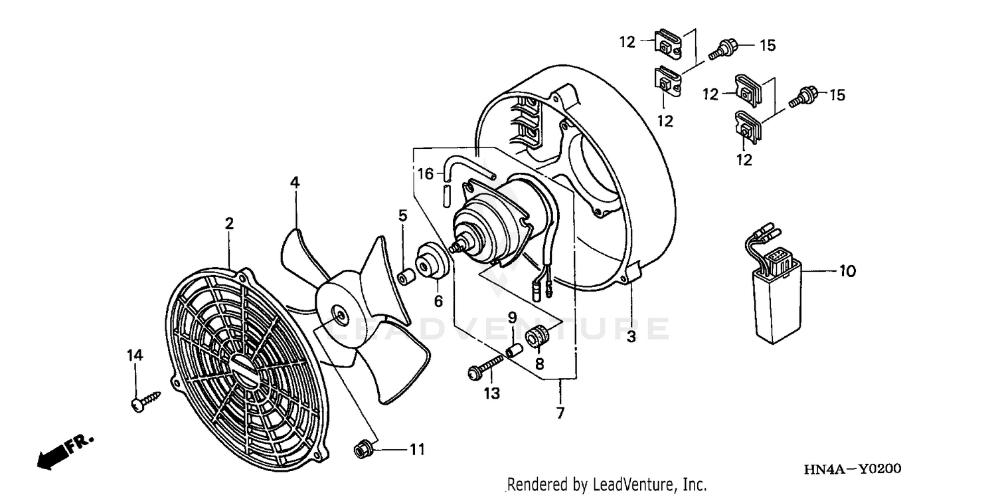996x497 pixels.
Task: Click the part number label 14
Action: pos(135,356)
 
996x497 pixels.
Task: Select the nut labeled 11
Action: pos(363,451)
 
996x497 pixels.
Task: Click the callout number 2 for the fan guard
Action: pos(229,224)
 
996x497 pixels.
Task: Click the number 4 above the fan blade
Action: pos(294,182)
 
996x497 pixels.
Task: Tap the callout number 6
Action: pos(438,301)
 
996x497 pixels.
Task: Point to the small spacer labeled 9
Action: pos(513,349)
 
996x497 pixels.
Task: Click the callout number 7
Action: pos(560,413)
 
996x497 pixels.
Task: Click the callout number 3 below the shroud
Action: pos(631,337)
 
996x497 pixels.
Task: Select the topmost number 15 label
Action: pos(768,46)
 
